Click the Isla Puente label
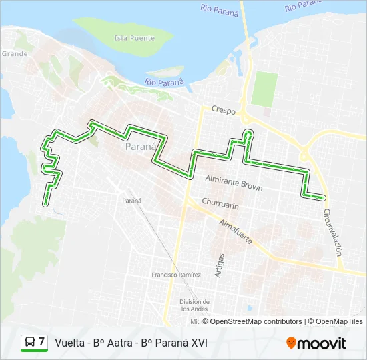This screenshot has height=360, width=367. point(134,38)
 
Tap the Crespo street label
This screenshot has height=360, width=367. point(224,109)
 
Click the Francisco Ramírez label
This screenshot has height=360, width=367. point(176,275)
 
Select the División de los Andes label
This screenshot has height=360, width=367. point(195,304)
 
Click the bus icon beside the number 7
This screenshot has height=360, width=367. point(30,342)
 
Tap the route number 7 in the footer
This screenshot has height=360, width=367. point(42,342)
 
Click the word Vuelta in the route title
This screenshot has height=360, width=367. point(70,343)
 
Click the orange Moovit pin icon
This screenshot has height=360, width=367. point(291,343)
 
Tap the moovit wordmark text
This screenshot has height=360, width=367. point(322,343)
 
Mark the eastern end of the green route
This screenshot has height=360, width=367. point(324,197)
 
